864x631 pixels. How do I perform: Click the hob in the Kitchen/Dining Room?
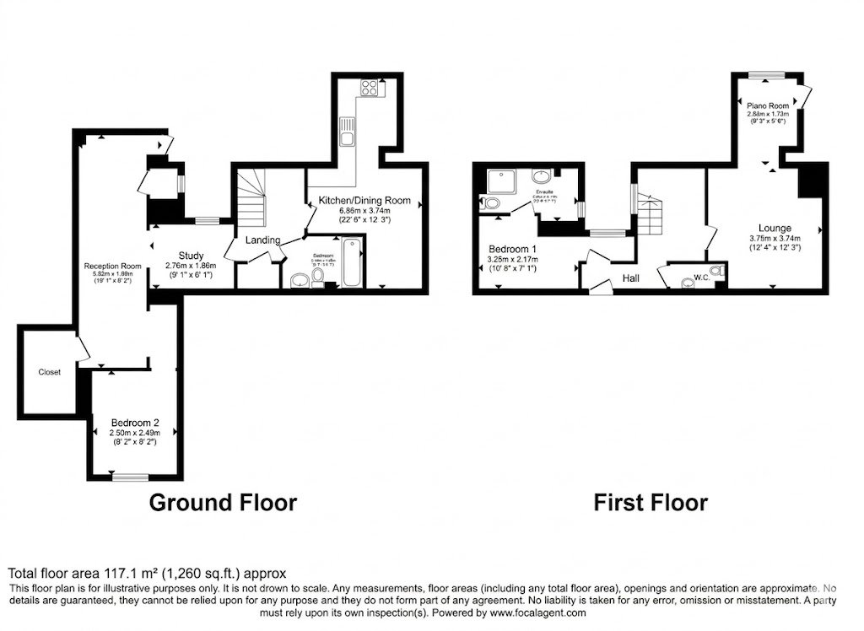pyautogui.click(x=369, y=87)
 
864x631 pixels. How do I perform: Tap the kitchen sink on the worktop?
pyautogui.click(x=347, y=132)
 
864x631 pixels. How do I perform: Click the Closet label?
pyautogui.click(x=49, y=372)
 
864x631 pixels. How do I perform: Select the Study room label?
pyautogui.click(x=190, y=256)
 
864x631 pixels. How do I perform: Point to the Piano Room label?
pyautogui.click(x=767, y=105)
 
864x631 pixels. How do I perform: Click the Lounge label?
pyautogui.click(x=774, y=228)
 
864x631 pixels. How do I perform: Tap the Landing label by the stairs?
pyautogui.click(x=262, y=240)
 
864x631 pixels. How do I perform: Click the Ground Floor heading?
pyautogui.click(x=223, y=503)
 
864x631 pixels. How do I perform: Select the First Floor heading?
pyautogui.click(x=650, y=503)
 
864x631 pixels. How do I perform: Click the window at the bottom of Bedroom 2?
pyautogui.click(x=129, y=477)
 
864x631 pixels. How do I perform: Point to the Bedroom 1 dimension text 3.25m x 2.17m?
pyautogui.click(x=513, y=260)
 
